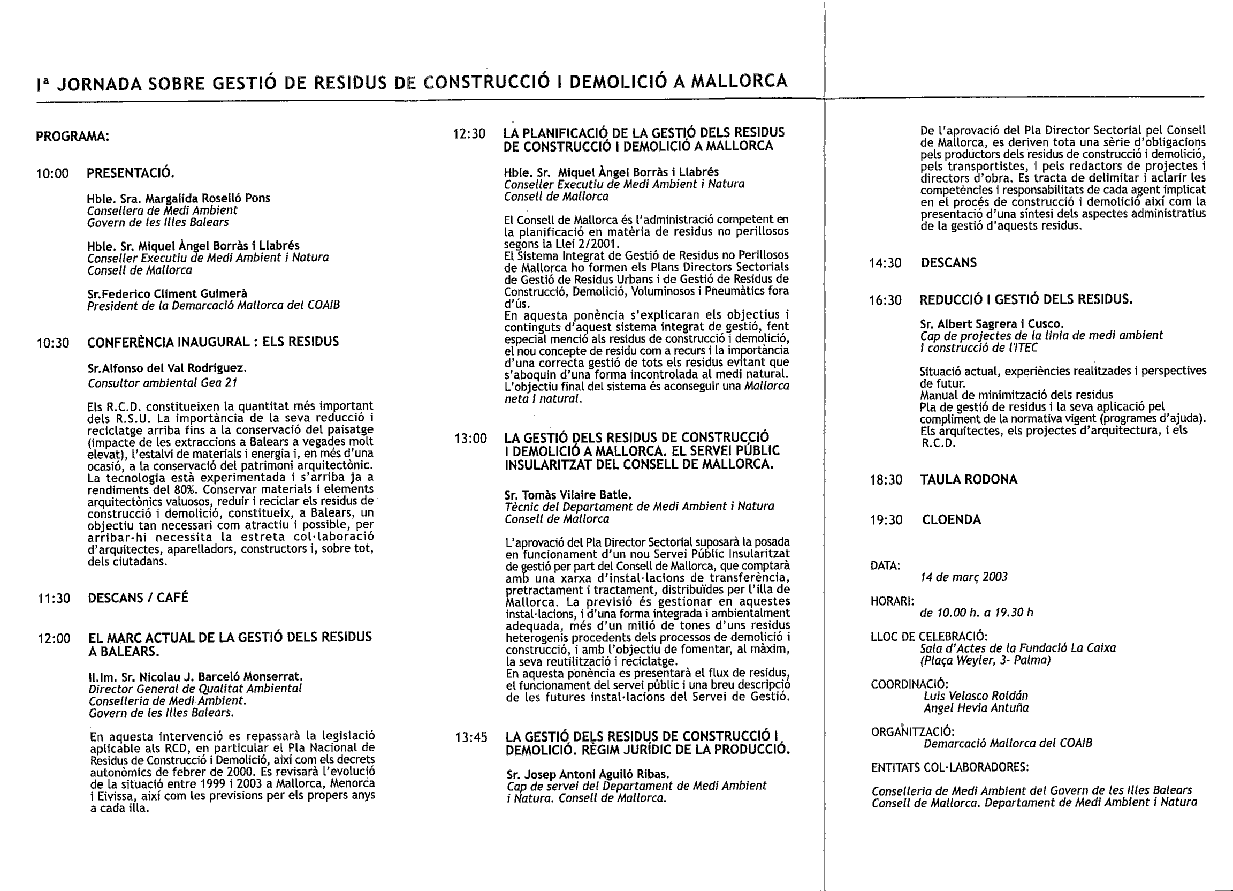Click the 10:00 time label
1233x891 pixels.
(x=53, y=174)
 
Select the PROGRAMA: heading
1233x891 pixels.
(x=72, y=136)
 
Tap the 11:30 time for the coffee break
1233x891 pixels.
(x=54, y=598)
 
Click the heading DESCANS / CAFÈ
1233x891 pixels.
(x=138, y=598)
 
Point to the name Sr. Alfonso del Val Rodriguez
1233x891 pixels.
(x=167, y=368)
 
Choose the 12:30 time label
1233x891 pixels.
(x=469, y=134)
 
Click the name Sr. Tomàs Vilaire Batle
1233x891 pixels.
(x=568, y=495)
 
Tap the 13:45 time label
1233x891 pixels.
(x=471, y=738)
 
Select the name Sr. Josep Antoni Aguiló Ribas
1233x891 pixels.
(x=588, y=774)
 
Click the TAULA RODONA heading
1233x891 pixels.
(x=968, y=479)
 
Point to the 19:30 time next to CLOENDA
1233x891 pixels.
(x=886, y=520)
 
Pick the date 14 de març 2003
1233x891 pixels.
(x=964, y=577)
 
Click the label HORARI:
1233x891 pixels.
(x=892, y=601)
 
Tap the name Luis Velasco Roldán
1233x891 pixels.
(x=976, y=696)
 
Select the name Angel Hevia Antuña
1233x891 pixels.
(x=976, y=708)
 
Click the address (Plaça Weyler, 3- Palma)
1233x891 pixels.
(x=985, y=660)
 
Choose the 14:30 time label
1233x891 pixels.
(x=885, y=263)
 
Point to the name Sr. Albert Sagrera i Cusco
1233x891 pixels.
(x=992, y=324)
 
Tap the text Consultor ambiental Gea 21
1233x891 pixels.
(x=163, y=383)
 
